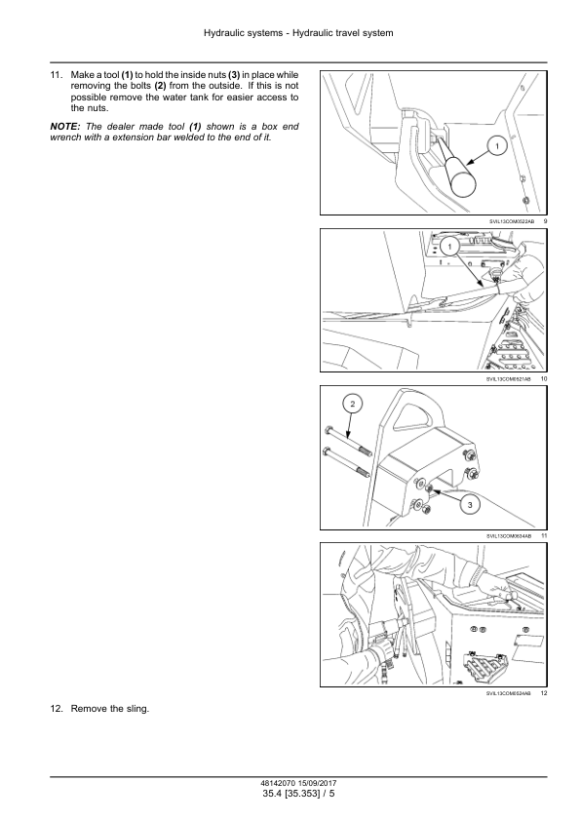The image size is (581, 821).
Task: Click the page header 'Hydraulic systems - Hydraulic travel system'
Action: (298, 33)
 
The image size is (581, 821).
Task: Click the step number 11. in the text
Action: (57, 75)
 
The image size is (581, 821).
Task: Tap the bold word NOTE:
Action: (65, 127)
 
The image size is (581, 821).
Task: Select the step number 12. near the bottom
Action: (57, 709)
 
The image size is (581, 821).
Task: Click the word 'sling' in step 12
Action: (137, 709)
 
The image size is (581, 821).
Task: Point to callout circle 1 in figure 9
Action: (497, 146)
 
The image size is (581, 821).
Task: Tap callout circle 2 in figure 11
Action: (352, 404)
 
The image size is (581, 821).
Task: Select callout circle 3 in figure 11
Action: (470, 504)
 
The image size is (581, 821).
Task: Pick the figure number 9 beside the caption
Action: (545, 221)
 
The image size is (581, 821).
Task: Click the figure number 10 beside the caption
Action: (544, 378)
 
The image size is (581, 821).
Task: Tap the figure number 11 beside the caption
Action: (544, 535)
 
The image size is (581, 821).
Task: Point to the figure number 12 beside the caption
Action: (544, 693)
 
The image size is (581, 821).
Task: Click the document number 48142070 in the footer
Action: (277, 784)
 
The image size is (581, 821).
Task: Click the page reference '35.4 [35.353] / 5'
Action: (298, 794)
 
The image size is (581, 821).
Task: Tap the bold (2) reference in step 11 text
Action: (160, 86)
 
